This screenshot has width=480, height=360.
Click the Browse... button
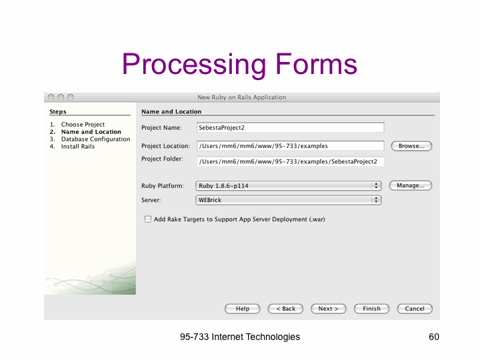tap(411, 146)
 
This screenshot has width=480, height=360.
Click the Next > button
tap(329, 309)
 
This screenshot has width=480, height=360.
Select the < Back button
tap(285, 309)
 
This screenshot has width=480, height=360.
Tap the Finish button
tap(371, 309)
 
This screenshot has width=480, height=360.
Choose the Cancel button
tap(415, 309)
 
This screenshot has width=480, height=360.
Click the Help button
tap(243, 309)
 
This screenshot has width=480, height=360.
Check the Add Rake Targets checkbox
tap(148, 219)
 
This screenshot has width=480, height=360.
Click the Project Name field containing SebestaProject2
tap(291, 127)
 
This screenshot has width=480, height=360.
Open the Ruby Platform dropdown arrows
tap(376, 185)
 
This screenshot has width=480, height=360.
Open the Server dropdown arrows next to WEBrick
tap(376, 200)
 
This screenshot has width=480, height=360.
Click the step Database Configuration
tap(95, 139)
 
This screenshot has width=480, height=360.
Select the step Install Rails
tap(78, 147)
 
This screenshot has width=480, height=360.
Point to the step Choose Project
tap(83, 125)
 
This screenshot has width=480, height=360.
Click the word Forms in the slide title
tap(317, 64)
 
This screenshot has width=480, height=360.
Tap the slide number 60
tap(434, 337)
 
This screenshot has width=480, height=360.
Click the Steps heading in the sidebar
tap(58, 111)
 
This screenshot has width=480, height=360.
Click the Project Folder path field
tap(291, 161)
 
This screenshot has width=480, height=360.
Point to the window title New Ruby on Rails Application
tap(242, 97)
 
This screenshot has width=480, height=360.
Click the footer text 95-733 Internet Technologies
tap(240, 337)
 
